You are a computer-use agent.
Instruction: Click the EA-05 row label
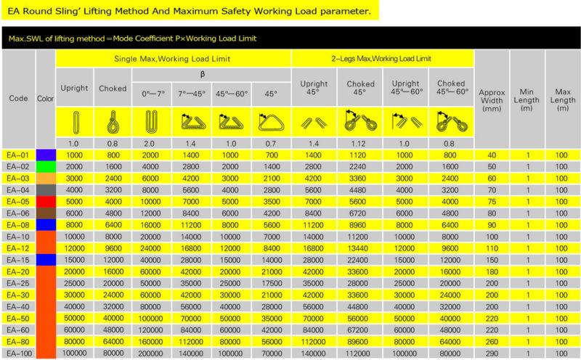(20, 201)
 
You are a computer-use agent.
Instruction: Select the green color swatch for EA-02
(46, 165)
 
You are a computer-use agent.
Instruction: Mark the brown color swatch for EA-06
(46, 213)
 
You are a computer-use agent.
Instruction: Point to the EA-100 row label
(20, 353)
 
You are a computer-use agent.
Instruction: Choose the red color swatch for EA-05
(46, 201)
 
